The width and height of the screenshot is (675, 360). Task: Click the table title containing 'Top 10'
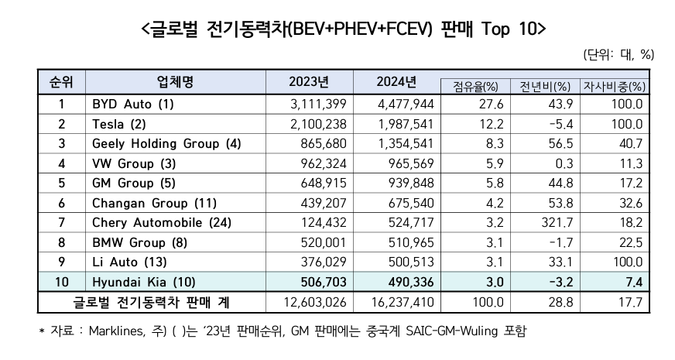(337, 28)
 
